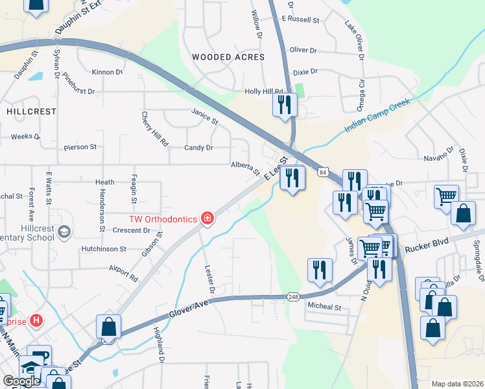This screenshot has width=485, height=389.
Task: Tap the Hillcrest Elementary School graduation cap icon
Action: click(64, 231)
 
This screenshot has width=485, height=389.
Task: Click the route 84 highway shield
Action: click(322, 172)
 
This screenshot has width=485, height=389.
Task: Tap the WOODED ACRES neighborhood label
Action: click(228, 57)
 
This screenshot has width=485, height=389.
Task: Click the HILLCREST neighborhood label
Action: click(32, 112)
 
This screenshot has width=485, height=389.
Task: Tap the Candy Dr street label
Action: click(198, 148)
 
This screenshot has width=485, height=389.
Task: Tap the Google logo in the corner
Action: click(21, 381)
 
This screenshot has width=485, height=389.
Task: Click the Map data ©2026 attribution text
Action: click(457, 384)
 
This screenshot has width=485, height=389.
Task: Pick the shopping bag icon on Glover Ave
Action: click(108, 327)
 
